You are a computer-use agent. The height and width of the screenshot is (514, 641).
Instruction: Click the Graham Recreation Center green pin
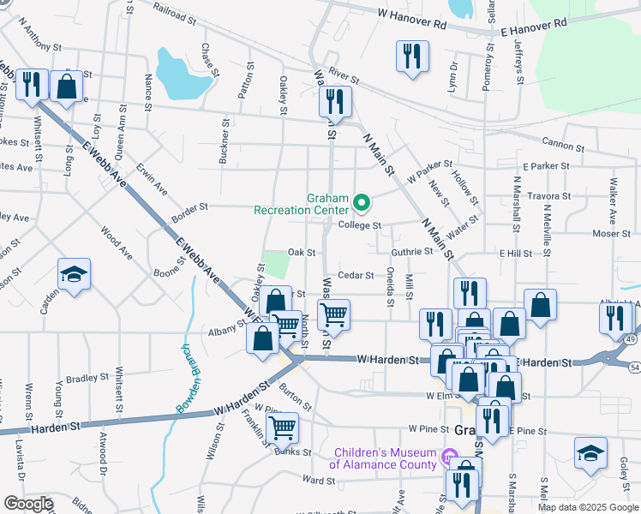point(362,203)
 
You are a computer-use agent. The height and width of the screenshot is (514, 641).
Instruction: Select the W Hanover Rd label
point(412,17)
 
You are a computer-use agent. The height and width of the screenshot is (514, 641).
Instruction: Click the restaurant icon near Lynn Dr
point(412,56)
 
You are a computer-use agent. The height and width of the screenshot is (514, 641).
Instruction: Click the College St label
point(358,225)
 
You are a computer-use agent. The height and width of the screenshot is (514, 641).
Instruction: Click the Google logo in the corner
point(27,503)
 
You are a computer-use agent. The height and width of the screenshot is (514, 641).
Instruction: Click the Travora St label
point(548,196)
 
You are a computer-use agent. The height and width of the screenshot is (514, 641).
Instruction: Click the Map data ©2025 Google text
point(587,507)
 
